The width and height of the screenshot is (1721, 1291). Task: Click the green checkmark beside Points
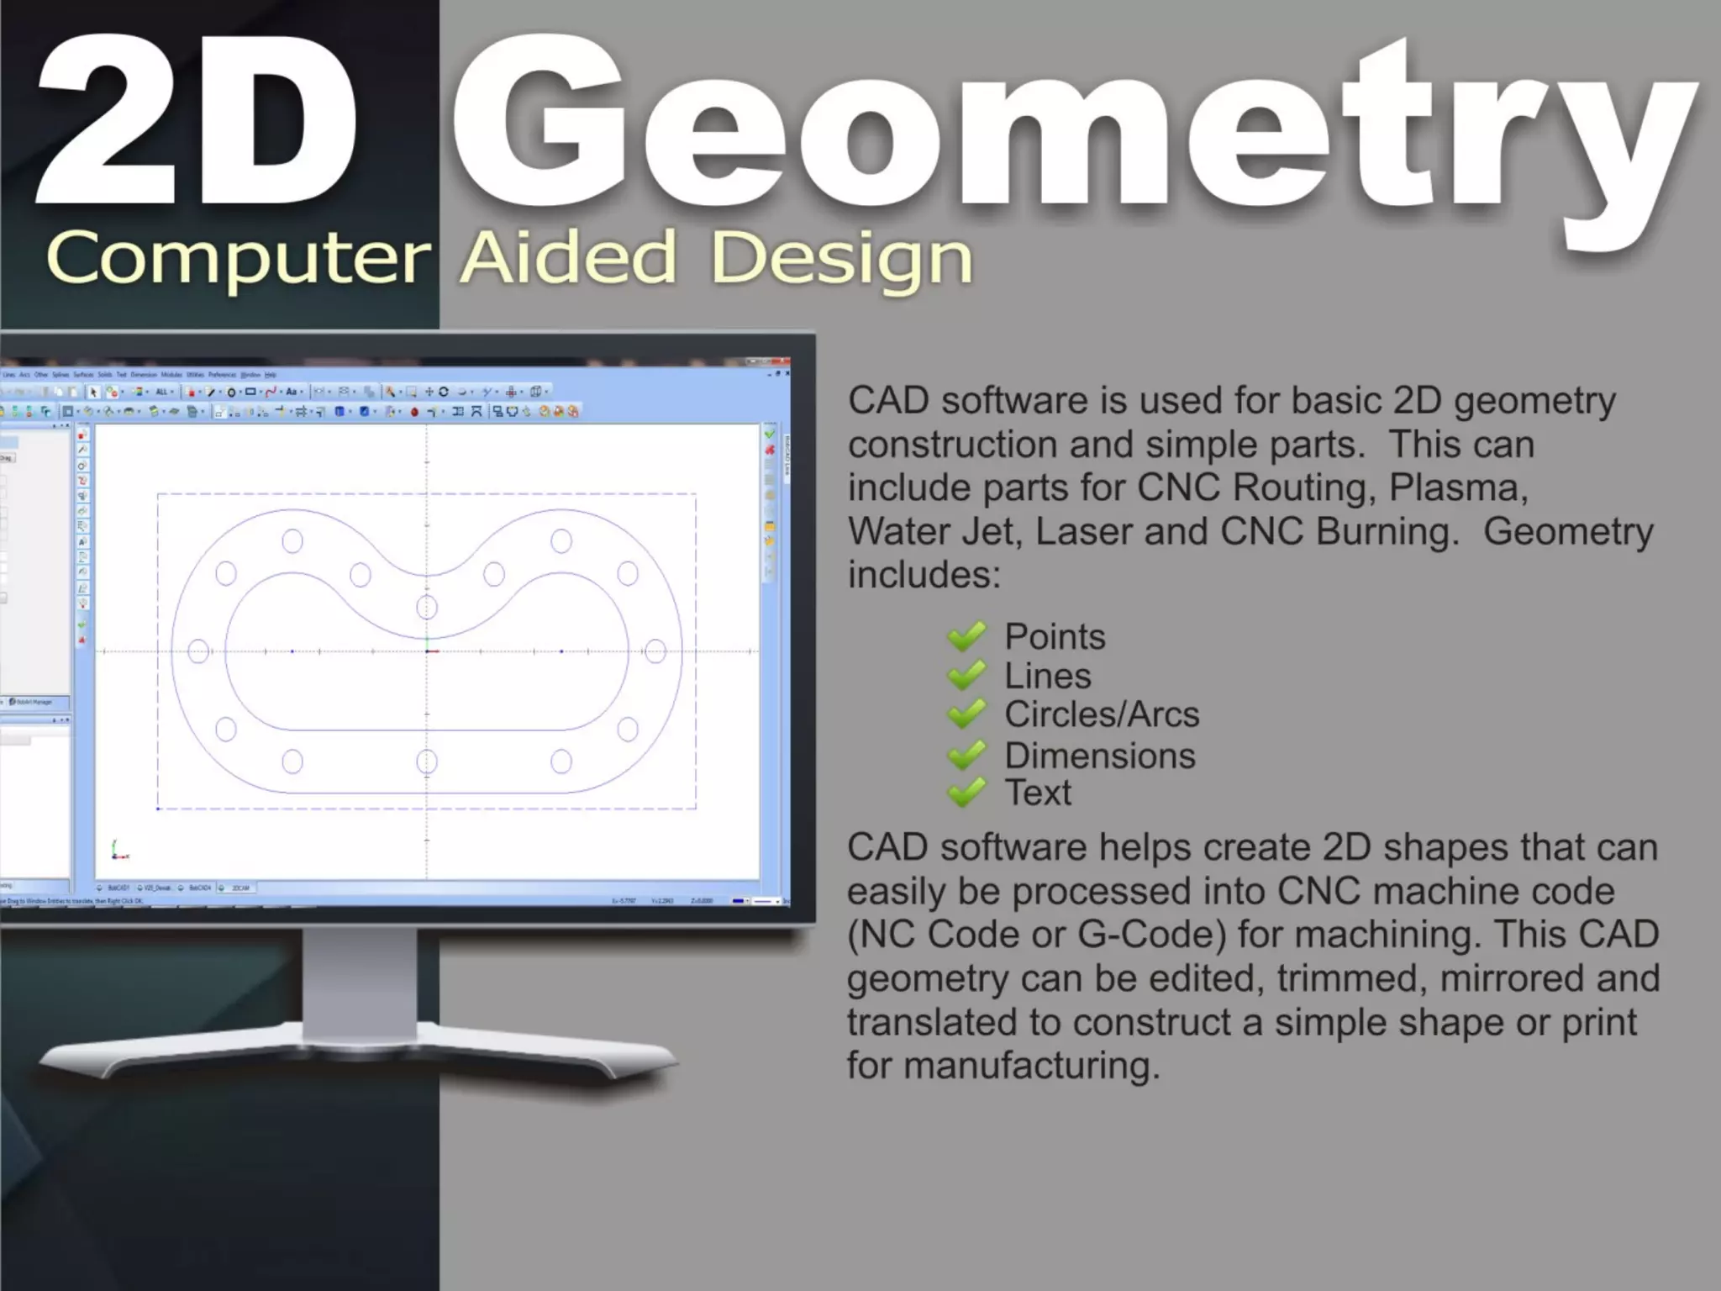(x=966, y=636)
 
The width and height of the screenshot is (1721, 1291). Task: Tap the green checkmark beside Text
(x=966, y=792)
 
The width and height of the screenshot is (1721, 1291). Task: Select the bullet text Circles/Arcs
(x=1102, y=714)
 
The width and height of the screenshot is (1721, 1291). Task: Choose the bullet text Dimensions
(x=1099, y=756)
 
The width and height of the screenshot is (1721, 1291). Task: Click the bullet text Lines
(x=1047, y=676)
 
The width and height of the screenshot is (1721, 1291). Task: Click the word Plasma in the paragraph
(x=1457, y=487)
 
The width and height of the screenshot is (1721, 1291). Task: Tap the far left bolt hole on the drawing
(x=198, y=651)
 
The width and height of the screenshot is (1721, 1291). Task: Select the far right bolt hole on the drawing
(x=655, y=651)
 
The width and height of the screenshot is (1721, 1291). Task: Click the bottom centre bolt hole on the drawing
(x=427, y=761)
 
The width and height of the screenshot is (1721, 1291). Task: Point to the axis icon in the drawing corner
(x=118, y=851)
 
